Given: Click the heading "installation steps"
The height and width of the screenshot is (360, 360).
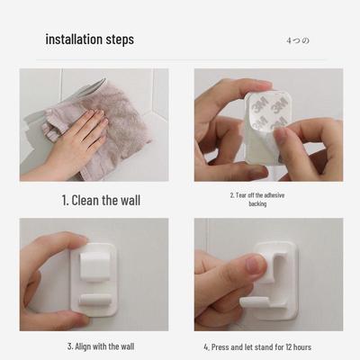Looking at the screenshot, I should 89,39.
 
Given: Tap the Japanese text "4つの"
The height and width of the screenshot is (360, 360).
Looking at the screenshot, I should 297,40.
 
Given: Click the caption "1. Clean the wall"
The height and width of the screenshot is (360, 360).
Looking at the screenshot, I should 100,200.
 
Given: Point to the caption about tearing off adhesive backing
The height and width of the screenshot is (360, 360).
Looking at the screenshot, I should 257,198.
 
